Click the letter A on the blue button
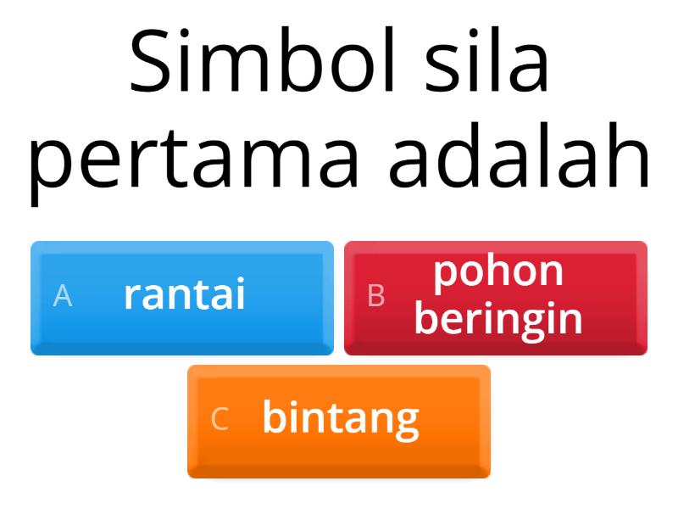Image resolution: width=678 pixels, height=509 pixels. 63,296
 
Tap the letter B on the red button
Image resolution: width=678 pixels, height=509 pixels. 376,296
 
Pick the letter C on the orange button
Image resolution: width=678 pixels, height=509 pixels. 220,419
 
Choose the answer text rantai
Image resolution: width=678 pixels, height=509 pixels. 185,295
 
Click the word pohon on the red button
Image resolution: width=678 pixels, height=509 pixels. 498,271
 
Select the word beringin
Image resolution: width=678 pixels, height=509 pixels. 498,319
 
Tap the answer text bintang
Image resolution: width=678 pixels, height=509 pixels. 341,418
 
